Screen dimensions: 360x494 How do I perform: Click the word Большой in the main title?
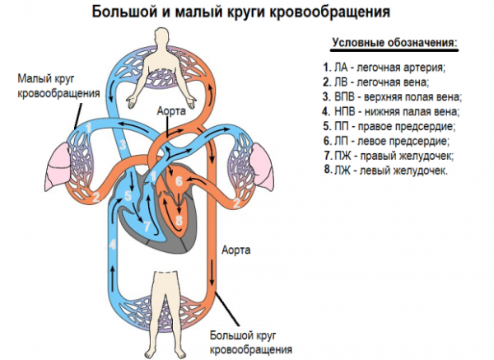pos(123,12)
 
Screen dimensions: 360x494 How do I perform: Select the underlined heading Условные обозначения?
pos(394,42)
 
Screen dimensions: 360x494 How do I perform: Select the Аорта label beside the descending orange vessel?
pos(238,248)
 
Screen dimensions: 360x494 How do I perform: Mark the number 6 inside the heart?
pos(179,180)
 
